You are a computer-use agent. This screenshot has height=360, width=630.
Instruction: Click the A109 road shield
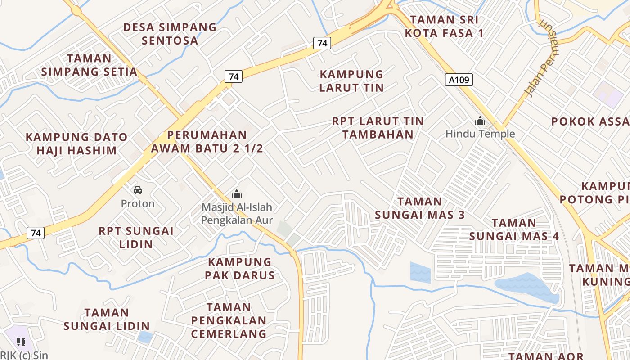[x=459, y=80]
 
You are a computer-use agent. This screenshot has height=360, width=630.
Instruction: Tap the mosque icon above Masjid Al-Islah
[x=236, y=194]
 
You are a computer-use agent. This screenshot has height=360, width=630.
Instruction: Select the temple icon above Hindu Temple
[x=480, y=121]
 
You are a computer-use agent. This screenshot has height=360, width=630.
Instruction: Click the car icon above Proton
[x=138, y=190]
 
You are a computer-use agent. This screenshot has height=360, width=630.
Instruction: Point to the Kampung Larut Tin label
[x=351, y=81]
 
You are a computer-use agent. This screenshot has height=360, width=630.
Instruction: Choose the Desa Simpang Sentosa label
[x=170, y=34]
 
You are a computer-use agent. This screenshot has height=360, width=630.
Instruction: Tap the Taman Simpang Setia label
[x=89, y=65]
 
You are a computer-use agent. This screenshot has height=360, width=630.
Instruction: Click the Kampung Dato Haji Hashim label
[x=76, y=144]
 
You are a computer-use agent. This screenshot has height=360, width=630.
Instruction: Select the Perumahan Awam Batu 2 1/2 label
[x=207, y=142]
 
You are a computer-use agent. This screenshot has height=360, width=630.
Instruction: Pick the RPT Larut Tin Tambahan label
[x=378, y=128]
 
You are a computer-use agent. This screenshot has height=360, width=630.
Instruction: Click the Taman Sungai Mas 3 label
[x=420, y=208]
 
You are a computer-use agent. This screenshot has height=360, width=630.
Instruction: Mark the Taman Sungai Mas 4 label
[x=514, y=229]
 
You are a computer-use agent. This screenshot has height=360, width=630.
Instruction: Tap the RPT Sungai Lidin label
[x=136, y=238]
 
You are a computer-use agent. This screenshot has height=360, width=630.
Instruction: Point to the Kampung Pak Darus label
[x=240, y=269]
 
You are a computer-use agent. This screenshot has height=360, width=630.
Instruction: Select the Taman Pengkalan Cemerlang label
[x=229, y=320]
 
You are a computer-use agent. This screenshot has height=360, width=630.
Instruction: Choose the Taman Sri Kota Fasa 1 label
[x=445, y=26]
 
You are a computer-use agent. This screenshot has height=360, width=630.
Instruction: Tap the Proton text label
[x=138, y=204]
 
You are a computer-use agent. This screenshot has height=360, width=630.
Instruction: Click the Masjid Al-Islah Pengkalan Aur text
[x=237, y=214]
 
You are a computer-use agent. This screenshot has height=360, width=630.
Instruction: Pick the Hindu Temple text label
[x=480, y=134]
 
